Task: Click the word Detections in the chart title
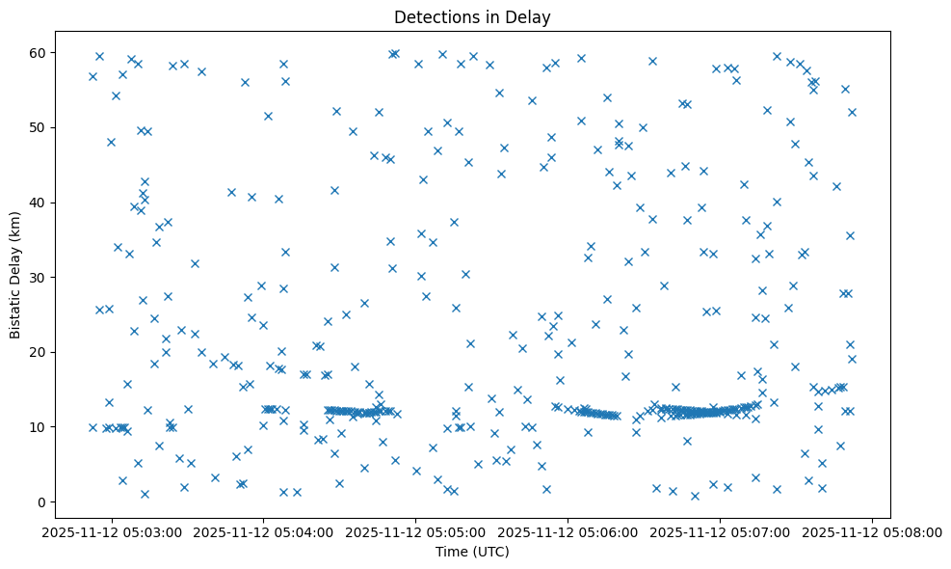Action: click(x=429, y=16)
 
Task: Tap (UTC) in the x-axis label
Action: click(x=490, y=552)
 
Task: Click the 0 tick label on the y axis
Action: click(x=42, y=501)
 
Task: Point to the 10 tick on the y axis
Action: click(x=39, y=427)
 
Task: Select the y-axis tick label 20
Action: click(x=39, y=352)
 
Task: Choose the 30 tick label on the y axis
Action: click(x=39, y=278)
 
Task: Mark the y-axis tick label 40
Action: click(x=39, y=203)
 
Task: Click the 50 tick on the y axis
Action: click(x=39, y=127)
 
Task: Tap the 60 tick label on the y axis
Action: click(x=39, y=52)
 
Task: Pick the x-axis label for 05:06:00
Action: click(x=568, y=530)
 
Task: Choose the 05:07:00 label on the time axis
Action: click(x=721, y=530)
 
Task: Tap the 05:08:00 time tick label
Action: click(x=873, y=530)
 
